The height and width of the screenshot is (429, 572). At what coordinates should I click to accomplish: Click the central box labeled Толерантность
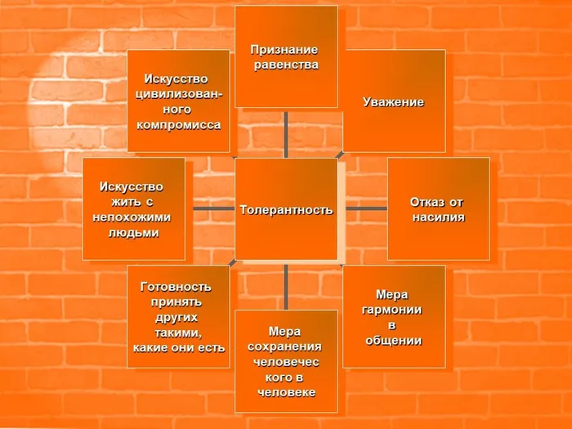tap(286, 209)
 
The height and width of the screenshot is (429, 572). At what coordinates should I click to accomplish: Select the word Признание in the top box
tap(284, 50)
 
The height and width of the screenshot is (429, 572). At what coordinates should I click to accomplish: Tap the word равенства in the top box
tap(286, 65)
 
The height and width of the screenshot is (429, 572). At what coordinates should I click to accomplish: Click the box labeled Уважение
tap(394, 101)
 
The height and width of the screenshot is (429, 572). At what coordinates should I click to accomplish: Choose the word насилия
tap(439, 217)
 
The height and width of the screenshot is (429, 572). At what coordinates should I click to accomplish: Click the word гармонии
tap(391, 310)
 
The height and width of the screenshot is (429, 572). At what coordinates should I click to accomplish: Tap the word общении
tap(394, 341)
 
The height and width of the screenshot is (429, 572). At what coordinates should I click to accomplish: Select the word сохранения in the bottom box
tap(284, 346)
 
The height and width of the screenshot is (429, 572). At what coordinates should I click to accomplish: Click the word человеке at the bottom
tap(286, 392)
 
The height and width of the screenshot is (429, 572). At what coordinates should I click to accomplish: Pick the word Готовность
tap(176, 287)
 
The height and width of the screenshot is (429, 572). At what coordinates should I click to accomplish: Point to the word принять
tap(177, 302)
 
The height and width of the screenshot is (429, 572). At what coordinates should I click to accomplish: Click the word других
tap(177, 318)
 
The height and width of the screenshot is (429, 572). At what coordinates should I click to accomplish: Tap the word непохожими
tap(132, 217)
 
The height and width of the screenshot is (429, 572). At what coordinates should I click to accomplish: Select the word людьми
tap(133, 233)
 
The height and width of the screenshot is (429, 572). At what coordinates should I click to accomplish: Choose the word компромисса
tap(179, 125)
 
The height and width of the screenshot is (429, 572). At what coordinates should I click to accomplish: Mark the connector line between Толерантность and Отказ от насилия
tap(366, 208)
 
